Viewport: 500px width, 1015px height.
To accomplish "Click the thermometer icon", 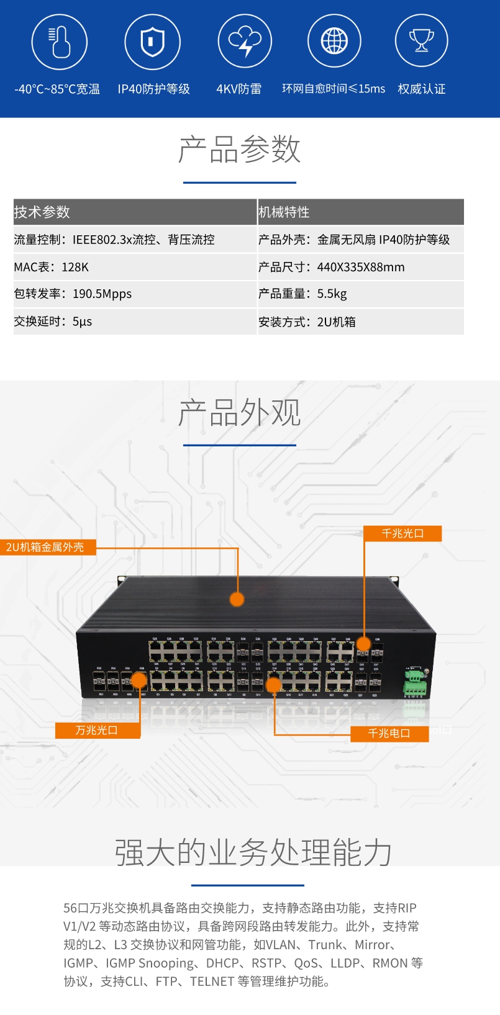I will [x=60, y=42].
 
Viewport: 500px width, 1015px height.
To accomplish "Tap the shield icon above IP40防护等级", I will [x=152, y=42].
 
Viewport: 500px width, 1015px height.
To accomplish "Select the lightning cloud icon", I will [x=245, y=42].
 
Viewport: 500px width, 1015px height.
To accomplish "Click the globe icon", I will [x=334, y=42].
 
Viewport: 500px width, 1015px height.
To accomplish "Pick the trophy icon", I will [x=422, y=42].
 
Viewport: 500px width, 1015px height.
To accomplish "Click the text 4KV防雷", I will [x=239, y=89].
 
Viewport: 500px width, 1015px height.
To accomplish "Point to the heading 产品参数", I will [x=240, y=150].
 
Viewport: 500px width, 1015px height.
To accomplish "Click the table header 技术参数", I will [x=42, y=212].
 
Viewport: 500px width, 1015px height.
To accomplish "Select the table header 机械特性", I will [x=284, y=212].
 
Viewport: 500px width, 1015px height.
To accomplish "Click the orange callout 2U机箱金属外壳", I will [x=47, y=547].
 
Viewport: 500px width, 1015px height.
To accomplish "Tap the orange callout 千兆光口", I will [x=402, y=533].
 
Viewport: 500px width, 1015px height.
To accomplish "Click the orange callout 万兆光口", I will [x=98, y=730].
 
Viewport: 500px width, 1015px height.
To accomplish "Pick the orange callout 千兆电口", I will [x=389, y=733].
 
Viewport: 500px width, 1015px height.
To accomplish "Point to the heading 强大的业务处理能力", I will [x=253, y=852].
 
